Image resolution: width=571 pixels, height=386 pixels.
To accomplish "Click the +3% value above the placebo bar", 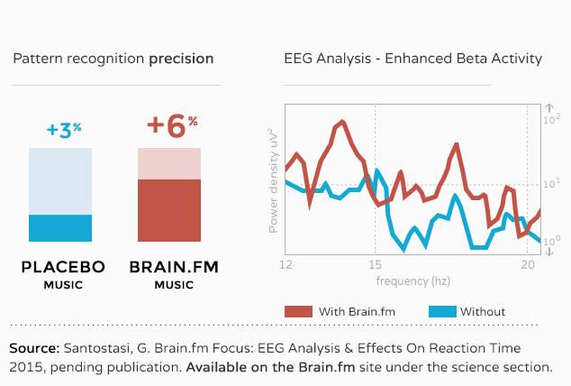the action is [64, 131].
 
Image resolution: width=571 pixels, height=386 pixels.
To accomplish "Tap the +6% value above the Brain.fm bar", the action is [172, 126].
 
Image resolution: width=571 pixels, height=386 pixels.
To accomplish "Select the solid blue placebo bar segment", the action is [60, 228].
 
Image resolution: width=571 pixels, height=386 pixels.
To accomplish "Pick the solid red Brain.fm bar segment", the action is [169, 210].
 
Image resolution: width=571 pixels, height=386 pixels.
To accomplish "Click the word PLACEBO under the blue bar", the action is [63, 267].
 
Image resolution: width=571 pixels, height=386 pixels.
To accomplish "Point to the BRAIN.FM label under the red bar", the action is [174, 267].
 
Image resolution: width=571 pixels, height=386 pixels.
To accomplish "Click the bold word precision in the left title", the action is [181, 59].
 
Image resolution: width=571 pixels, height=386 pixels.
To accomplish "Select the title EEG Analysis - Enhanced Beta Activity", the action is [413, 59].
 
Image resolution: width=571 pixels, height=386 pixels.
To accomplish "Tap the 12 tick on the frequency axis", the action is [285, 264].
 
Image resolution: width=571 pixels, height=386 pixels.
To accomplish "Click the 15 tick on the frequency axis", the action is [375, 264].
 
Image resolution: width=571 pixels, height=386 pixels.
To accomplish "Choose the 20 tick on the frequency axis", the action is [528, 264].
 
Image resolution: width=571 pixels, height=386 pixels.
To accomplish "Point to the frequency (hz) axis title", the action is [413, 281].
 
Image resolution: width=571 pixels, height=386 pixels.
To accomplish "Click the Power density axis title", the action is [273, 180].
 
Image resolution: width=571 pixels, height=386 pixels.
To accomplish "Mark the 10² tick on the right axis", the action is [552, 119].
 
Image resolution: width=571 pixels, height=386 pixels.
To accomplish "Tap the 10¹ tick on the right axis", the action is [552, 184].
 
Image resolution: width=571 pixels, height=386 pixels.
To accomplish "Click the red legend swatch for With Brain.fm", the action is [299, 312].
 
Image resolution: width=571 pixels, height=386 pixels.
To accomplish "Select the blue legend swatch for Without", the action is [442, 312].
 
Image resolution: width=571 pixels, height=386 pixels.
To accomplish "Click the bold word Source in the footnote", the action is [34, 348].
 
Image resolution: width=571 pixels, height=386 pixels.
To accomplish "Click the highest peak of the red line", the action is [342, 122].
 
